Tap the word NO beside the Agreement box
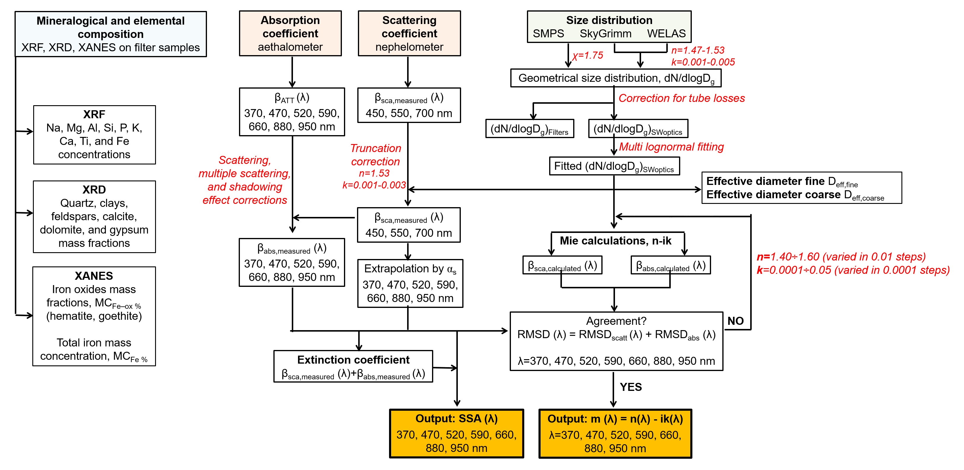[x=735, y=321]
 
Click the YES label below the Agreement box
[x=631, y=387]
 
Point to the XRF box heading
[x=94, y=114]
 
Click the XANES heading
[x=94, y=276]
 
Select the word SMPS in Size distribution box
[x=548, y=34]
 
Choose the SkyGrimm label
[x=605, y=34]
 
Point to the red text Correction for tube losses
[x=681, y=98]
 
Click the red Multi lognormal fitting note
[x=671, y=147]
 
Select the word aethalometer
[x=290, y=47]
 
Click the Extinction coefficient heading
[x=353, y=360]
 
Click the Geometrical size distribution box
[x=616, y=78]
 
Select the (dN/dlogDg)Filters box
[x=529, y=129]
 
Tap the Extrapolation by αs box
[x=410, y=283]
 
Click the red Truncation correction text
[x=375, y=155]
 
